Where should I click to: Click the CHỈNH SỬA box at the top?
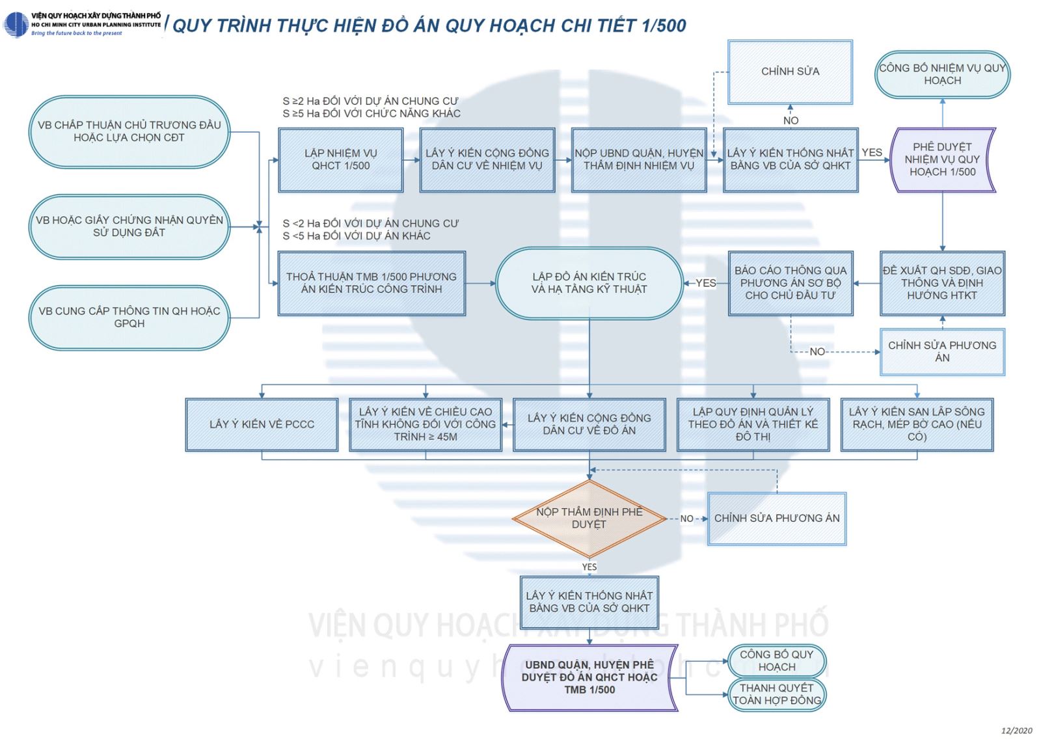tap(790, 72)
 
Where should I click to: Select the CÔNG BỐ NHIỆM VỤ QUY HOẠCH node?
tap(942, 74)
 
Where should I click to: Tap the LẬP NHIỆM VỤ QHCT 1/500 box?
tap(340, 159)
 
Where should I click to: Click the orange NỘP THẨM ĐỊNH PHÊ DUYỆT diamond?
tap(589, 519)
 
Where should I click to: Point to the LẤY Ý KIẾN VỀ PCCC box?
tap(262, 424)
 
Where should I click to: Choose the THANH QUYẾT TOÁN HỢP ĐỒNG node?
tap(777, 694)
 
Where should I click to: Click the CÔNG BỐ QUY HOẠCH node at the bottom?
tap(776, 661)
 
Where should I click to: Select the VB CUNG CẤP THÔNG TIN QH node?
tap(129, 318)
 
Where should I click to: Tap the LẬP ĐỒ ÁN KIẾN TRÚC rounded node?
tap(589, 283)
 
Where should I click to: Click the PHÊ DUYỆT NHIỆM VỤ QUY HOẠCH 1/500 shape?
tap(942, 159)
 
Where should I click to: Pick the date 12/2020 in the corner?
tap(1016, 731)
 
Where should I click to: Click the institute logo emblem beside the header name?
tap(15, 25)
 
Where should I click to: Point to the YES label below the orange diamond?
tap(589, 567)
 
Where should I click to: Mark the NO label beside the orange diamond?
tap(686, 519)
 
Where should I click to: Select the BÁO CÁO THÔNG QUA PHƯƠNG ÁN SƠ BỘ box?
tap(791, 283)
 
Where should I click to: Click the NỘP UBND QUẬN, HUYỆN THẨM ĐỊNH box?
tap(639, 159)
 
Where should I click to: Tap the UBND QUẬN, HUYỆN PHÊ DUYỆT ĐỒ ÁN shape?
tap(589, 677)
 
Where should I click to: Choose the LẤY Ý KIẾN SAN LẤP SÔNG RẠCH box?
tap(917, 424)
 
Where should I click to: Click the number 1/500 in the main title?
tap(664, 25)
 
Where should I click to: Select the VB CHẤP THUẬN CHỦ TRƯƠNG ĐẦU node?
tap(129, 131)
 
